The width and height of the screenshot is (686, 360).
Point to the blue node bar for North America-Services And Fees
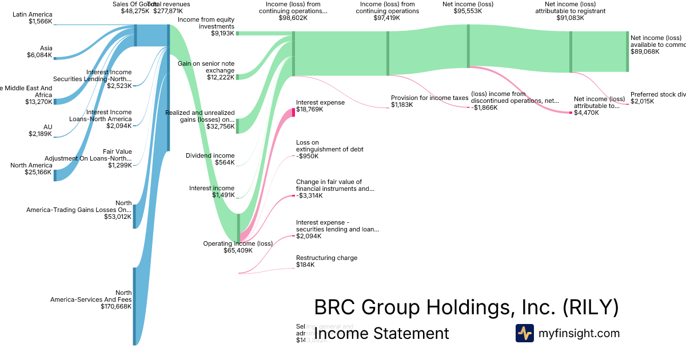134,306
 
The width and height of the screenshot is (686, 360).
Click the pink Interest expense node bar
293,112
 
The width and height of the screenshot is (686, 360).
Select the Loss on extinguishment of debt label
329,149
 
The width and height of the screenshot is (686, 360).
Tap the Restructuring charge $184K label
326,261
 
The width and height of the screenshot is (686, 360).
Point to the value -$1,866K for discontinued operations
484,107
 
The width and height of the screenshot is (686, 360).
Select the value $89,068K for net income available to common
645,51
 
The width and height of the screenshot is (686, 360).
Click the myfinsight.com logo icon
524,333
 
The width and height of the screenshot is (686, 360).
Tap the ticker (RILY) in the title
591,308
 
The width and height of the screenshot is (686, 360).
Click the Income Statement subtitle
381,333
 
